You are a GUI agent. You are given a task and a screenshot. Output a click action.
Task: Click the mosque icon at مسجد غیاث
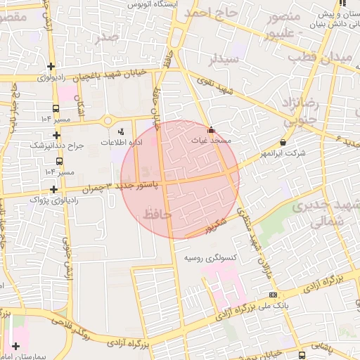[x=212, y=130]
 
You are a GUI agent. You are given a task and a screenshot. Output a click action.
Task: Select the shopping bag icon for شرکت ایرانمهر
[x=283, y=141]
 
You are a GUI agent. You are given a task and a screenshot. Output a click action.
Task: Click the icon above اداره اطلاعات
[x=120, y=131]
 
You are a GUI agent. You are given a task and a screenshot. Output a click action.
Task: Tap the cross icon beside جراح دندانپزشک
[x=56, y=134]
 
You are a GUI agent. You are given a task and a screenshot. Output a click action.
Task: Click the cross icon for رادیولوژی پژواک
[x=54, y=188]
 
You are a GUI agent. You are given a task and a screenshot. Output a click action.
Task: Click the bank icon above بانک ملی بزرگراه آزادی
[x=273, y=295]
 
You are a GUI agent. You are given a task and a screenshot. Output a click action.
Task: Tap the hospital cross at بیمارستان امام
[x=15, y=345]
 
